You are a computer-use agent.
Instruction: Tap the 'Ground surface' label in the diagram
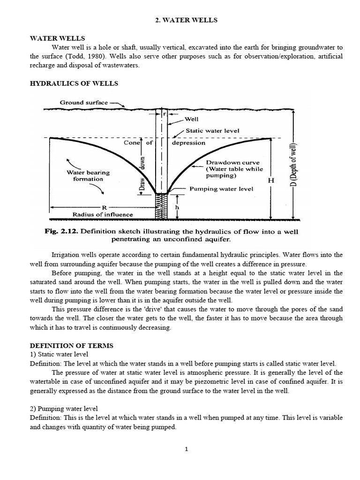click(x=84, y=102)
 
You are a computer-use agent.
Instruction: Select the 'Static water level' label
click(x=212, y=131)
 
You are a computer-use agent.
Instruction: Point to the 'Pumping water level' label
click(x=221, y=189)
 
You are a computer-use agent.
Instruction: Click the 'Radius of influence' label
click(x=103, y=214)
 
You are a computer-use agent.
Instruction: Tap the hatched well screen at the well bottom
click(x=161, y=206)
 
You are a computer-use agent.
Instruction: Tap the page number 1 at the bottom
click(x=186, y=449)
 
